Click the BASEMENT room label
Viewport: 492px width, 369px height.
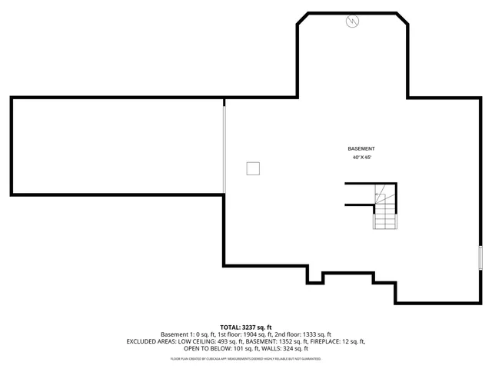361,148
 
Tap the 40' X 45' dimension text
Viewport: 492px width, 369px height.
361,158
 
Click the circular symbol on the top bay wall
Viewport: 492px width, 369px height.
352,22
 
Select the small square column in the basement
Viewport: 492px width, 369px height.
253,169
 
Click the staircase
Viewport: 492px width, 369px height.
384,208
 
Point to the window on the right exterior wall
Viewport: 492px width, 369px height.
480,258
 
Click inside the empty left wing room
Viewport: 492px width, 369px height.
115,145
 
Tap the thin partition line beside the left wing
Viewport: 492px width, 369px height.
224,150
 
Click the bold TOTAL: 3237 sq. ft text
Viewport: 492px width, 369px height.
246,327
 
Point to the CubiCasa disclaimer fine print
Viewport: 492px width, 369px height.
246,358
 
